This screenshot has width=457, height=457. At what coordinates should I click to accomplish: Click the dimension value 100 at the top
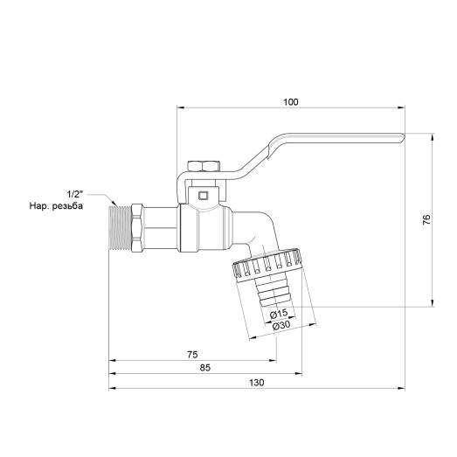[x=290, y=102]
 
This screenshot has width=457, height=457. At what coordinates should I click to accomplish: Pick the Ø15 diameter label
[x=276, y=314]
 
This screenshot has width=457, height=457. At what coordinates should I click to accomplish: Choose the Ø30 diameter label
[x=281, y=326]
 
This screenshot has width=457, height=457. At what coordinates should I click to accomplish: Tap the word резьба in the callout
[x=79, y=206]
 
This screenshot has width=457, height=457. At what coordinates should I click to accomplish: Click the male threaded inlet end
[x=119, y=228]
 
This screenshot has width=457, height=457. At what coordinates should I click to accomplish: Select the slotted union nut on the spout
[x=269, y=266]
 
